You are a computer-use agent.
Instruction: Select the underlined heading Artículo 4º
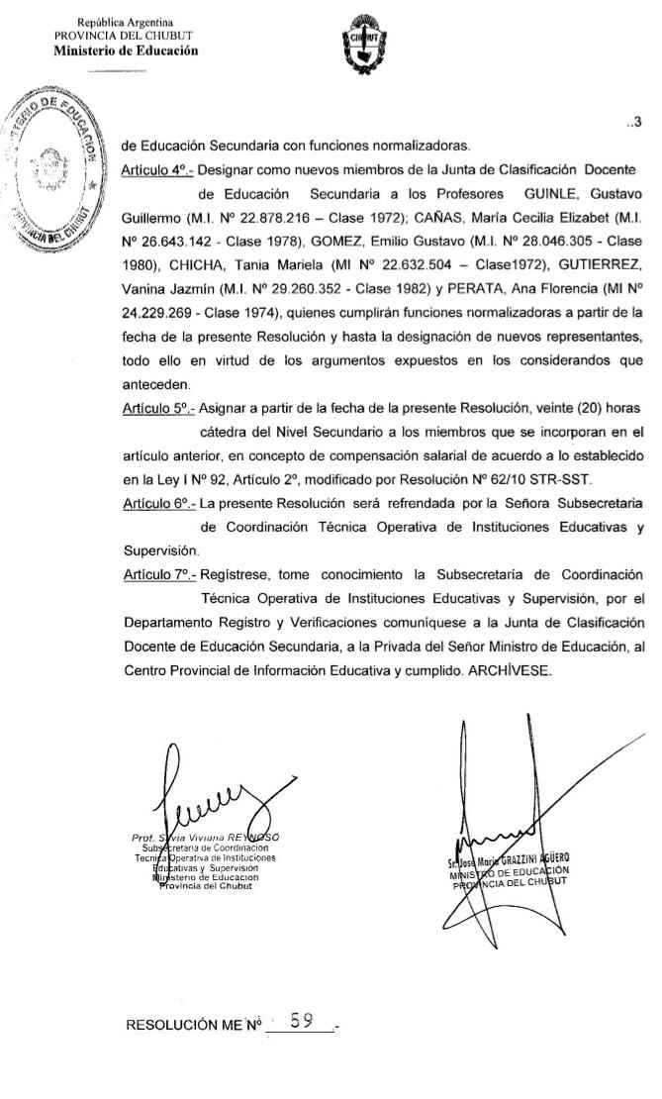[x=156, y=170]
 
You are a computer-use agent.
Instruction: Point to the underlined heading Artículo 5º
[x=156, y=408]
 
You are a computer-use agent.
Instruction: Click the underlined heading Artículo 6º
[x=156, y=503]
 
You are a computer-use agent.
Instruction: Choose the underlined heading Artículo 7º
[x=156, y=574]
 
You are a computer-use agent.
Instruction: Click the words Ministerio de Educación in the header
[x=125, y=50]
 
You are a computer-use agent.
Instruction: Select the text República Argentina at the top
[x=125, y=22]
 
